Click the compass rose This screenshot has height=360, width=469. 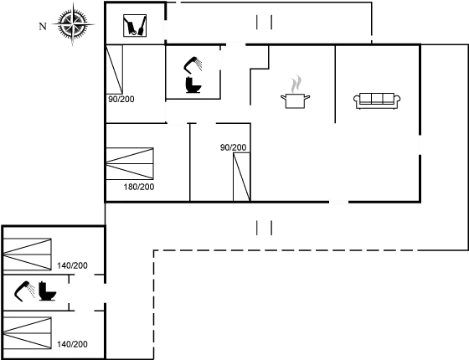75,25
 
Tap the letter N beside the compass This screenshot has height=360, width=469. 42,26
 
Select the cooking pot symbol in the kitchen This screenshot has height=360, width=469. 294,100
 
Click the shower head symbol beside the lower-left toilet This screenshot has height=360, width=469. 25,289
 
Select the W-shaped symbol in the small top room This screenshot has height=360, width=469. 134,28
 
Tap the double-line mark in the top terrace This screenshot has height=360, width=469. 264,23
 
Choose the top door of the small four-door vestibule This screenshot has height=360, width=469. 84,275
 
